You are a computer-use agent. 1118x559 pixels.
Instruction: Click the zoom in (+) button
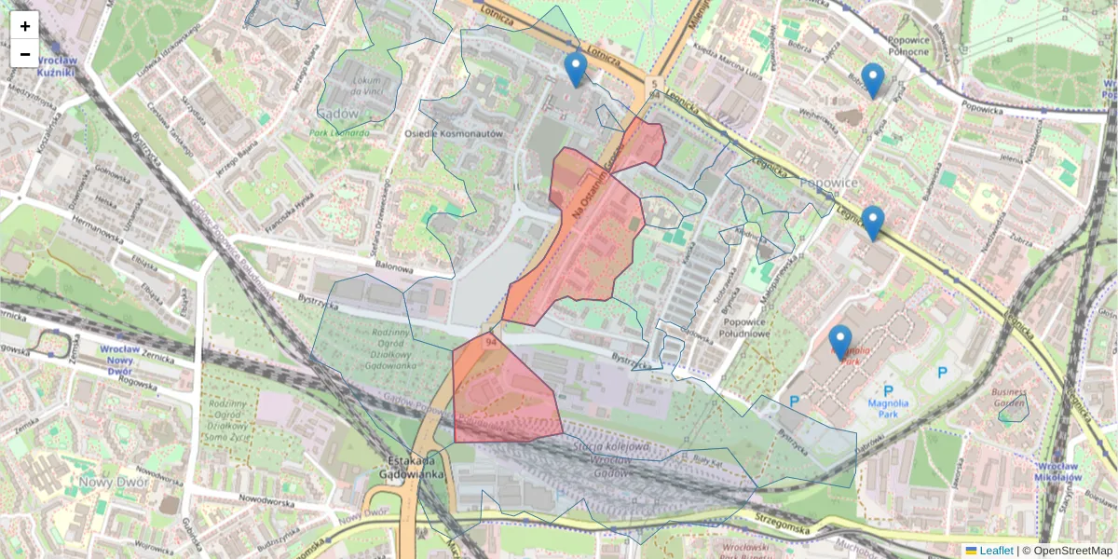(x=25, y=26)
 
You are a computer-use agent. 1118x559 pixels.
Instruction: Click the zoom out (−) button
(x=25, y=54)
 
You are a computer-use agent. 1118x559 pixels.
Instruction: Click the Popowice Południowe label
(x=745, y=328)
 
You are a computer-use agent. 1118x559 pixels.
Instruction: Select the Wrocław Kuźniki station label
(x=61, y=64)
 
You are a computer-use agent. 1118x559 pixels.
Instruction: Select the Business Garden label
(x=1009, y=399)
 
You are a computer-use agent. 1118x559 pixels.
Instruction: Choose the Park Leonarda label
(x=339, y=132)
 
